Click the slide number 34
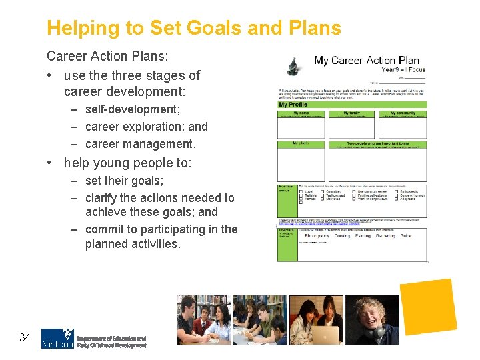point(25,338)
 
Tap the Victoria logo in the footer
point(57,339)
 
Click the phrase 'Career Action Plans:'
point(107,57)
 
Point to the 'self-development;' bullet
point(132,109)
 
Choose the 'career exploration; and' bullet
point(146,126)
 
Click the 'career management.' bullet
point(140,143)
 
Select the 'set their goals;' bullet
point(124,181)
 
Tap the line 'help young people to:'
point(127,163)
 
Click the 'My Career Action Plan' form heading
point(367,61)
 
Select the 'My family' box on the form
point(351,123)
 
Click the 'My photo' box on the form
point(302,160)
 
